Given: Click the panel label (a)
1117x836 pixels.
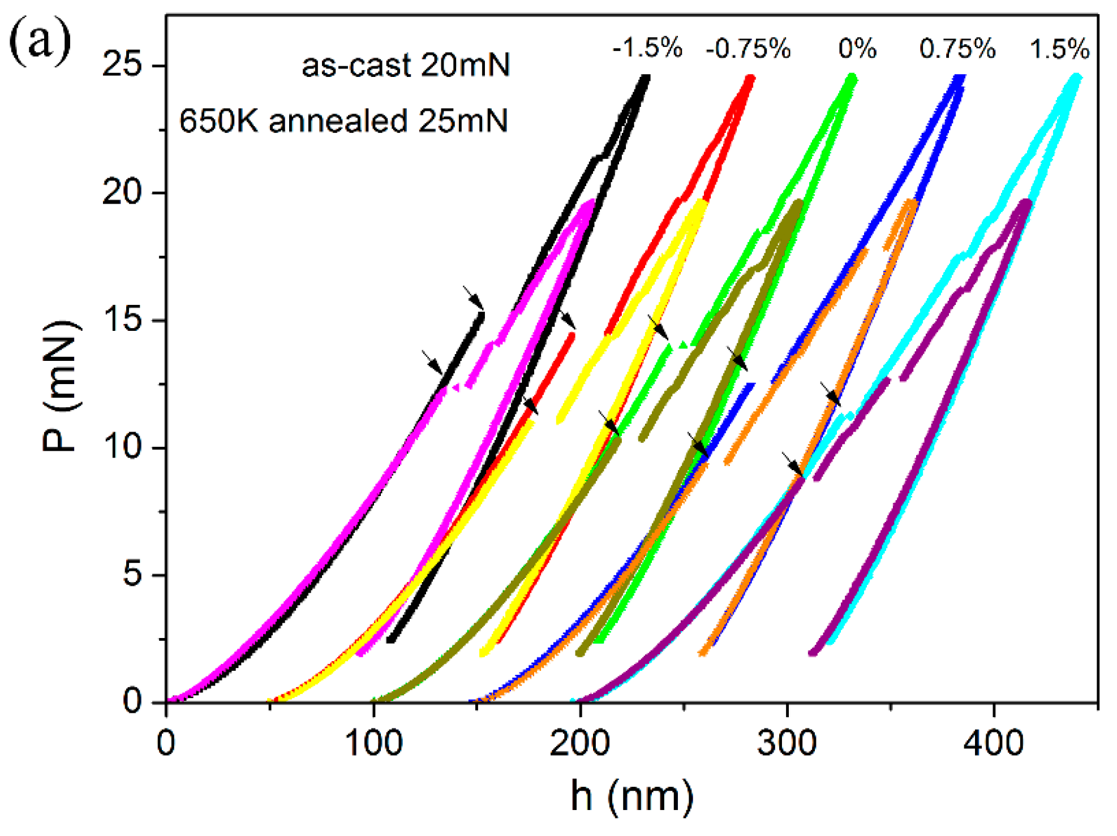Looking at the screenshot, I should (x=40, y=41).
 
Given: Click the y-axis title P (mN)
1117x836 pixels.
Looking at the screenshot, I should (x=61, y=387).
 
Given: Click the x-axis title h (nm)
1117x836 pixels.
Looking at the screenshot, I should (x=631, y=795).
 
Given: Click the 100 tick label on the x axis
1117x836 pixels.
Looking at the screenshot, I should (x=373, y=743).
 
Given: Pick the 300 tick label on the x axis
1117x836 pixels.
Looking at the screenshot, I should (x=787, y=743).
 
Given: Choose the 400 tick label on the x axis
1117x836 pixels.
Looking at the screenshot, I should (x=994, y=743).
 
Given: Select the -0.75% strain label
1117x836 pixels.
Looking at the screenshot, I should (x=748, y=49).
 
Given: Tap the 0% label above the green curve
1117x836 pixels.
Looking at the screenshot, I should (x=857, y=49).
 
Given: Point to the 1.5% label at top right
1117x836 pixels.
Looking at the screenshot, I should (x=1059, y=49).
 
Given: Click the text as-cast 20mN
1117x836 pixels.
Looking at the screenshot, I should (x=406, y=65).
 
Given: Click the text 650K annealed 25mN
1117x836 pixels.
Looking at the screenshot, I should (x=343, y=120).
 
